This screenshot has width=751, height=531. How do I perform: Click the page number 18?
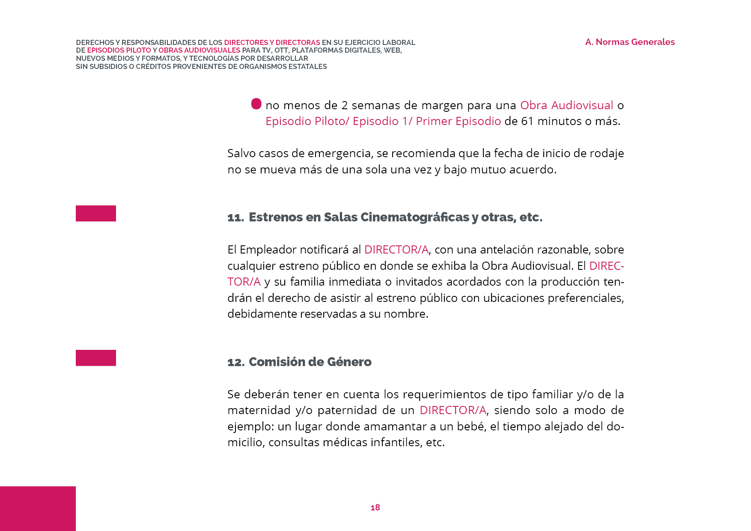[375, 507]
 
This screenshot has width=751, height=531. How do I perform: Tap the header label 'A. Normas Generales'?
[630, 42]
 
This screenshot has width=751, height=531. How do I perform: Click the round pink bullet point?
[256, 104]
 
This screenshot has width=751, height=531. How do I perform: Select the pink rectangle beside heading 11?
[96, 213]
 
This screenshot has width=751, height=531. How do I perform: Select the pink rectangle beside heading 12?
[96, 358]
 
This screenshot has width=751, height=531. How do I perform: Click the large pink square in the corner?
[38, 509]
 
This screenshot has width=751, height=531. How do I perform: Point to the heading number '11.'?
[235, 218]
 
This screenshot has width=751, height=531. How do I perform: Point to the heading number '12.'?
[236, 362]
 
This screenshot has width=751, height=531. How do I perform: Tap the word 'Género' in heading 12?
[349, 362]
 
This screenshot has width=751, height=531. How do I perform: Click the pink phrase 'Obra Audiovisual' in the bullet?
[566, 105]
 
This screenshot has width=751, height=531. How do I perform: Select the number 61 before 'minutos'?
[527, 121]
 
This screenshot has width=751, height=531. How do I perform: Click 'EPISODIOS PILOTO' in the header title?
[119, 51]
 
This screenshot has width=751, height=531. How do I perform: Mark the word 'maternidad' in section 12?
[258, 410]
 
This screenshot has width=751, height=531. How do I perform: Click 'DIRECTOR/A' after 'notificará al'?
[396, 250]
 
